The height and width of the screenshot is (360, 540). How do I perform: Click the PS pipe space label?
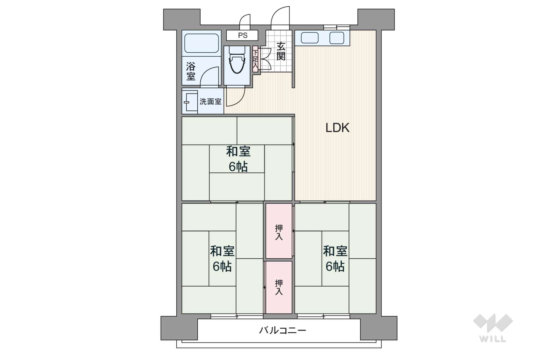click(x=242, y=36)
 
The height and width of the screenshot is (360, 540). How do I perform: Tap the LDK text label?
click(x=337, y=128)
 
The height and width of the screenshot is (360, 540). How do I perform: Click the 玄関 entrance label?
click(x=281, y=51)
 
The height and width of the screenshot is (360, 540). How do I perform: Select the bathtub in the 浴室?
click(x=202, y=43)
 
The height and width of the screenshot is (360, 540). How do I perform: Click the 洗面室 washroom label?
click(x=211, y=101)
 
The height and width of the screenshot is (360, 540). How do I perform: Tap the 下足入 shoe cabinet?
click(x=255, y=59)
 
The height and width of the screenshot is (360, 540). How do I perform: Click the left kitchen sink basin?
click(x=309, y=38)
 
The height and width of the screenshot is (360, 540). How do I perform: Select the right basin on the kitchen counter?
click(x=337, y=38)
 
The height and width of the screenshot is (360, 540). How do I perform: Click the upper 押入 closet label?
click(x=279, y=232)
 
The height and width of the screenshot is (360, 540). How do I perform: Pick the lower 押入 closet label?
click(x=279, y=287)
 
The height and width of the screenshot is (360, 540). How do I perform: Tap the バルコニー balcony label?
click(x=283, y=330)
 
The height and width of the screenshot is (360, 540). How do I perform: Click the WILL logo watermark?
click(x=493, y=328)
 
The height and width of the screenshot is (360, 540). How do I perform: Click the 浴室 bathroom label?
click(x=191, y=71)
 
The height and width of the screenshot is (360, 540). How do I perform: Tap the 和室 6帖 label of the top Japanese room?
click(x=238, y=159)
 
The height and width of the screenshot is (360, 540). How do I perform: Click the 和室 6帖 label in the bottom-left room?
click(x=222, y=259)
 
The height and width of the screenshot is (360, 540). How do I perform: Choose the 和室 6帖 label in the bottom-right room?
click(x=335, y=259)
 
